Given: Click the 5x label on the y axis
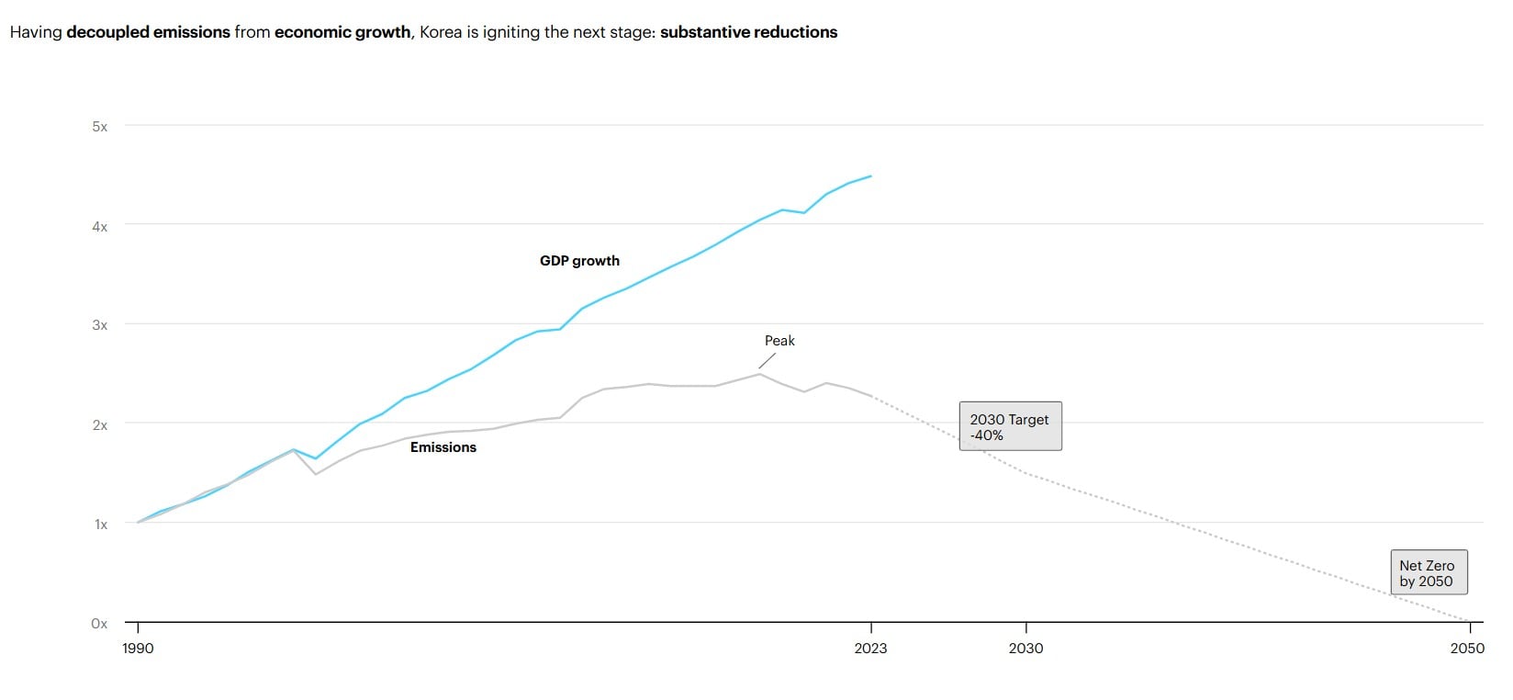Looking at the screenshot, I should tap(99, 127).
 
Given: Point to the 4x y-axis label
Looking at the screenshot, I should tap(99, 226).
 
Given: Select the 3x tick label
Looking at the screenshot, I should tap(99, 325).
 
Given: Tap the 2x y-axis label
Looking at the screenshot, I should tap(99, 425).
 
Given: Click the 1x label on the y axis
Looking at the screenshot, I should tap(100, 525).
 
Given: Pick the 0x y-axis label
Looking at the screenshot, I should tap(99, 624).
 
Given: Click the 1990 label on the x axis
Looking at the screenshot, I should tap(138, 649).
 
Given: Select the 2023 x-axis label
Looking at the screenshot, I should tap(870, 649).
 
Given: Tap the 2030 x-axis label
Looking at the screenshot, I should tap(1025, 649).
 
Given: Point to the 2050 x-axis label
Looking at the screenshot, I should tap(1466, 649).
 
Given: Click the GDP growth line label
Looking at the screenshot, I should tap(579, 261).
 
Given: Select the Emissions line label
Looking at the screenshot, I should tap(443, 447).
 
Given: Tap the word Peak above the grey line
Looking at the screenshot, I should tap(779, 341).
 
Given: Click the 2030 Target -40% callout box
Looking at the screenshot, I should tap(1010, 426).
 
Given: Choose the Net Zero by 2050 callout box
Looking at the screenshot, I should tap(1428, 573).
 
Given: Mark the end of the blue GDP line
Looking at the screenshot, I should tap(870, 176).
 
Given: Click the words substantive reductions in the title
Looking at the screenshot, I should tap(748, 32).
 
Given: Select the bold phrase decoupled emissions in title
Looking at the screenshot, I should tap(148, 32).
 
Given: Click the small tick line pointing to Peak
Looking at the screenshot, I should tap(767, 361).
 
